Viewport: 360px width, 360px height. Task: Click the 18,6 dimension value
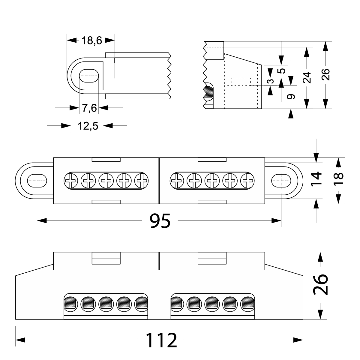[x=92, y=40]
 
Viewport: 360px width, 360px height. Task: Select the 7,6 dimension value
[x=89, y=108]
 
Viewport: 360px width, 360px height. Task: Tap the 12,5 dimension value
[x=88, y=126]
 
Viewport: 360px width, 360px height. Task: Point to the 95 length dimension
[x=160, y=221]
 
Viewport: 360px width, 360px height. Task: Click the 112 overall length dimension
[x=161, y=340]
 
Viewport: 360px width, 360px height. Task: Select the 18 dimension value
[x=338, y=180]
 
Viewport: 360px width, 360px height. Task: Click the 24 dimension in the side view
[x=306, y=77]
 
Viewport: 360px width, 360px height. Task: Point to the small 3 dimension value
[x=270, y=81]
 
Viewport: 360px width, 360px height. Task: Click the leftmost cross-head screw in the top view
[x=71, y=181]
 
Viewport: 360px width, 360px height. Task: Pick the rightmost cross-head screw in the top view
[x=247, y=181]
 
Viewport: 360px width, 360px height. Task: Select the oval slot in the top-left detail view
[x=89, y=75]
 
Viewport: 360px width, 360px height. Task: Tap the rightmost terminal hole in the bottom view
[x=248, y=303]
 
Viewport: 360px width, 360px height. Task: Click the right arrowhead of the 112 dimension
[x=298, y=340]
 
